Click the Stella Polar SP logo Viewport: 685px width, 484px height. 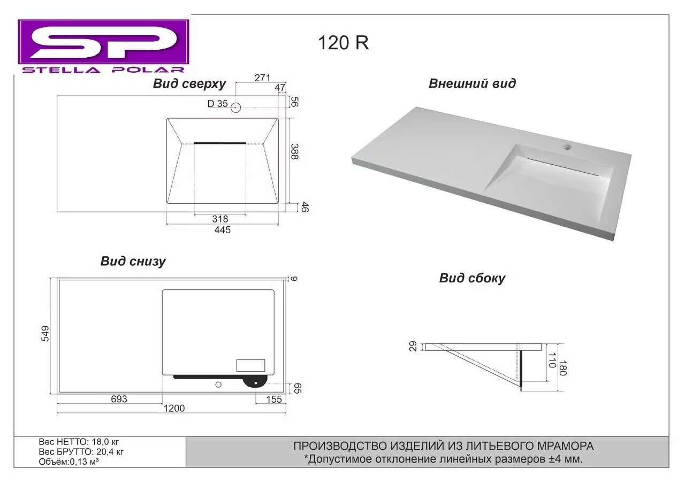[103, 46]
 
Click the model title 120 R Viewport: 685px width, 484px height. [343, 43]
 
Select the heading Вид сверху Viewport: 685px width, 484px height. [189, 84]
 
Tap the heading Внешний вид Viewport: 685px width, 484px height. [472, 83]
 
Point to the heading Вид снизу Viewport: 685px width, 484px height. [133, 262]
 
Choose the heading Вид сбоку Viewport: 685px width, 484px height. [472, 278]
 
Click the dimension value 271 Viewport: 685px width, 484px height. [262, 78]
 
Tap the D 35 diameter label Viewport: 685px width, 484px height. [218, 104]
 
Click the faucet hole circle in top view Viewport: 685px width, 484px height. [236, 107]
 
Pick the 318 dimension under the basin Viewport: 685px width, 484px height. [220, 219]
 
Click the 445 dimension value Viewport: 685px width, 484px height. [222, 230]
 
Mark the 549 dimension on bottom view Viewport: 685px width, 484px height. [45, 333]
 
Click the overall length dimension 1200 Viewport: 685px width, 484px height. [173, 409]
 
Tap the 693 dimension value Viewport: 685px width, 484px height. [119, 399]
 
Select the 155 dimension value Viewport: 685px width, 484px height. [273, 399]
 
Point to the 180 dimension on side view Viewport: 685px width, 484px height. [561, 367]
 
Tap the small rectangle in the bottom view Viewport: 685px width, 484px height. [250, 365]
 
